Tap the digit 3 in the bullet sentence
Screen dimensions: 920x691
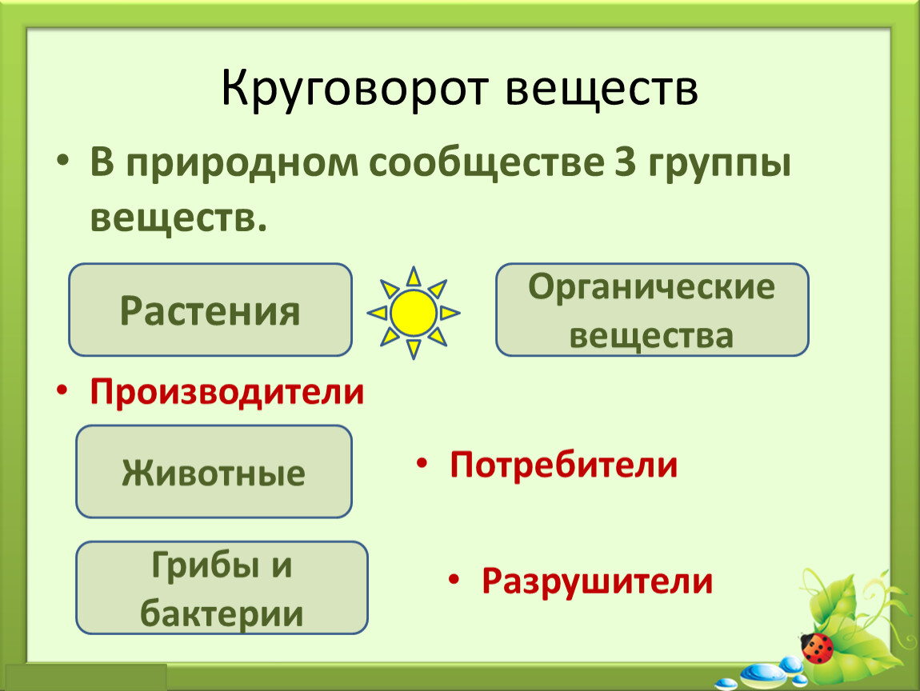click(626, 162)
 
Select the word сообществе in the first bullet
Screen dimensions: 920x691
click(486, 164)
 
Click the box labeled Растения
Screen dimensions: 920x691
click(210, 310)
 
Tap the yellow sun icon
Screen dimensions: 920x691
click(413, 313)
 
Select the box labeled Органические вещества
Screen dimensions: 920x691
click(652, 310)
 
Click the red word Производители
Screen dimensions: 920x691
click(227, 392)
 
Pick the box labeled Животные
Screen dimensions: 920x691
click(214, 472)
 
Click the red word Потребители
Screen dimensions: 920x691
click(563, 465)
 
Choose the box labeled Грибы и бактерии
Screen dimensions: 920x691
click(222, 588)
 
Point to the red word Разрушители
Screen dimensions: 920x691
click(597, 581)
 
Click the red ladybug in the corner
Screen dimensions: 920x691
click(818, 648)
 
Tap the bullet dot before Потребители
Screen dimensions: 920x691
click(422, 463)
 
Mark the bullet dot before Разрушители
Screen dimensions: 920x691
click(453, 580)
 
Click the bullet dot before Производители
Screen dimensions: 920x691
click(62, 390)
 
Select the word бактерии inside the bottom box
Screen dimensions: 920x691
click(222, 613)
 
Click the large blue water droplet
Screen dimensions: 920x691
click(762, 674)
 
